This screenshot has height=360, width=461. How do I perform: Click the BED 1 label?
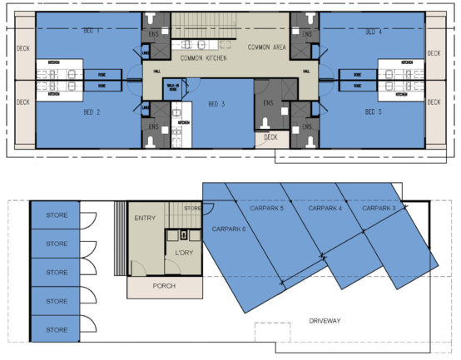click(x=92, y=31)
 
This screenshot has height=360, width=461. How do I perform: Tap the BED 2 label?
click(x=92, y=111)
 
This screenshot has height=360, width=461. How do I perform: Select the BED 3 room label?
click(x=216, y=103)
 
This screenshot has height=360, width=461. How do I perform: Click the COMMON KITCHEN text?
click(x=204, y=59)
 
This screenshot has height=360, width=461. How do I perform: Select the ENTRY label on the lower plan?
click(x=146, y=218)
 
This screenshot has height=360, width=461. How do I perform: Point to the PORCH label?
click(x=164, y=287)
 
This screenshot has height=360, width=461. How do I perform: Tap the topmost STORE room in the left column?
click(x=57, y=215)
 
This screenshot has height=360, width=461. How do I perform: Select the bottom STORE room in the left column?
click(x=57, y=330)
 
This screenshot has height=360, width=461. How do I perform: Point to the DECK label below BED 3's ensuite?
click(x=270, y=136)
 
